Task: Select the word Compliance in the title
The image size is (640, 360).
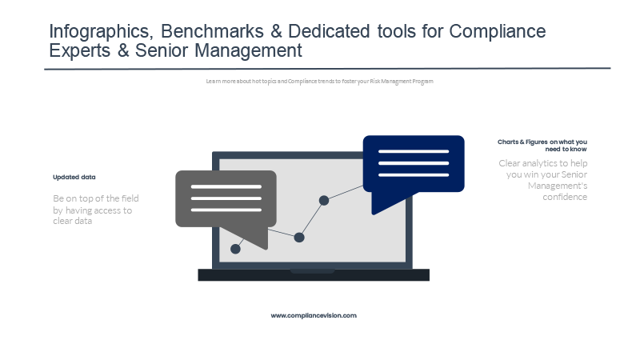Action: point(497,32)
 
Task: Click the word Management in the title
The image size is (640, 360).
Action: point(248,51)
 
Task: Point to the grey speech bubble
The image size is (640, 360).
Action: point(226,198)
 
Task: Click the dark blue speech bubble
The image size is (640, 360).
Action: point(414,164)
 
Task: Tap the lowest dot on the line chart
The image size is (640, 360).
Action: point(235,249)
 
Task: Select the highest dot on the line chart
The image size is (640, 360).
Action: point(324,201)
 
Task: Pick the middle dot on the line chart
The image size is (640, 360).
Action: point(299,237)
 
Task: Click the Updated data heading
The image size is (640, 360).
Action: point(74,177)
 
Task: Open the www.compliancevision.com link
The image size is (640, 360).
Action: point(314,315)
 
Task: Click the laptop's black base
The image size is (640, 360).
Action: point(314,274)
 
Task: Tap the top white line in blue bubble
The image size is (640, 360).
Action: point(414,151)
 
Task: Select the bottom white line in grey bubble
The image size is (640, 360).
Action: point(226,210)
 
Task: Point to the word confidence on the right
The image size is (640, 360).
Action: point(565,197)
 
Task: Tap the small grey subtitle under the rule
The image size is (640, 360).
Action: point(319,82)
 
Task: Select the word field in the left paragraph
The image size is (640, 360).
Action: point(130,198)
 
